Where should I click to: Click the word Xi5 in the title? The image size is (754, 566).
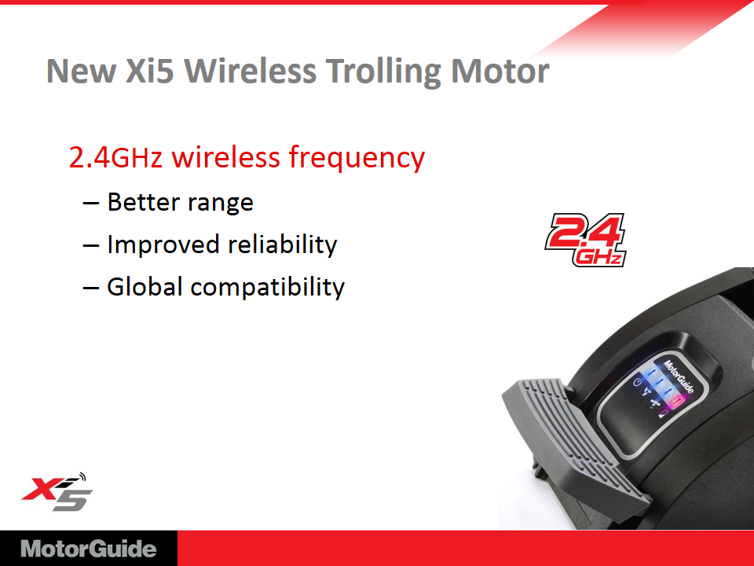click(149, 71)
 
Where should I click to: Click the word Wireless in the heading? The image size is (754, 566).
click(251, 71)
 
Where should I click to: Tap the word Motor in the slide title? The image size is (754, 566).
click(500, 71)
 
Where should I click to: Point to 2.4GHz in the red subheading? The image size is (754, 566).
click(116, 157)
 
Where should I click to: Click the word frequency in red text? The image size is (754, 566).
click(357, 158)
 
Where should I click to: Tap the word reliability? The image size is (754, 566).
click(283, 244)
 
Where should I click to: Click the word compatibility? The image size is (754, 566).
click(268, 288)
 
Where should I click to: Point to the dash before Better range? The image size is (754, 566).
click(91, 203)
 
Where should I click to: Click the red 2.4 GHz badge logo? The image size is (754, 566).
click(585, 240)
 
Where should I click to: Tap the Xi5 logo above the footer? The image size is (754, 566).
click(57, 492)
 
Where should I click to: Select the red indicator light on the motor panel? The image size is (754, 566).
click(677, 401)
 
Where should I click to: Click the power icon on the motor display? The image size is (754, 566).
click(637, 382)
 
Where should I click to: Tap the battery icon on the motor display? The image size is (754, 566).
click(663, 413)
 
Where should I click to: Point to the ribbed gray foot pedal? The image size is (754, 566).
click(573, 438)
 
